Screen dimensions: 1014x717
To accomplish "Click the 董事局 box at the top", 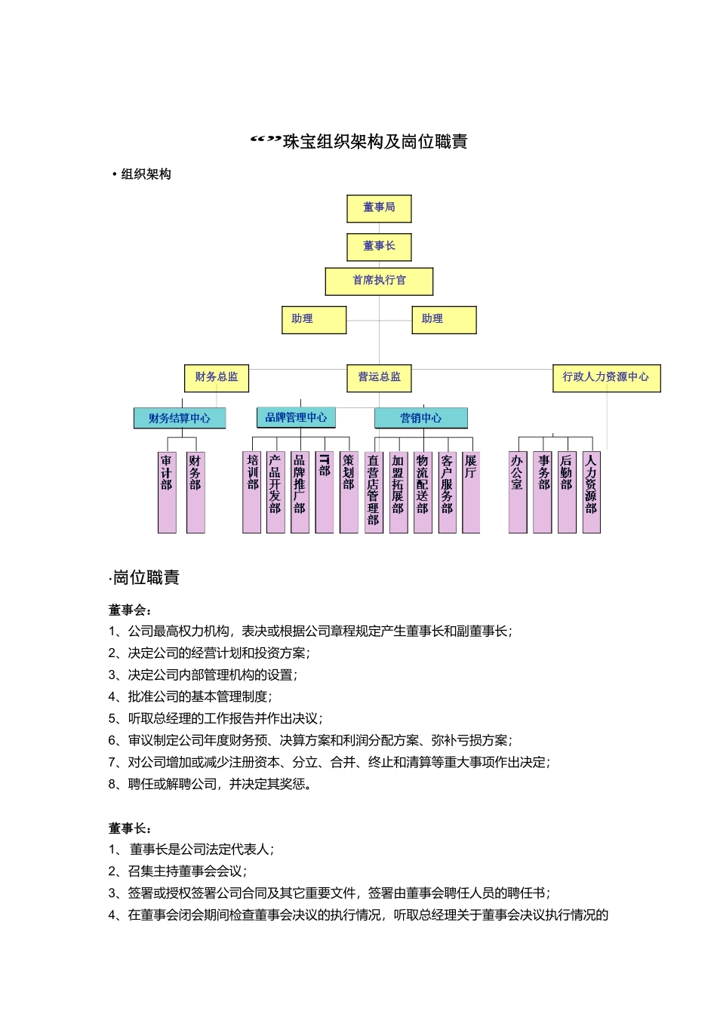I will pos(379,208).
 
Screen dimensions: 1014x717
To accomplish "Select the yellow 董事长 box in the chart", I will pos(379,247).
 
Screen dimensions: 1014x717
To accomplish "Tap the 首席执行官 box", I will pos(379,281).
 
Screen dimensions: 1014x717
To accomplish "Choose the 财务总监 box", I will pos(217,378).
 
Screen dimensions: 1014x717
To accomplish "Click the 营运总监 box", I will pos(380,378).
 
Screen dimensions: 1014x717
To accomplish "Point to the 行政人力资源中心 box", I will pos(606,378).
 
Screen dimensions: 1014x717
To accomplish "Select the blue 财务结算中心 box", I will pos(180,419).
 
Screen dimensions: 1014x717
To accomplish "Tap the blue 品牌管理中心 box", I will pos(296,418).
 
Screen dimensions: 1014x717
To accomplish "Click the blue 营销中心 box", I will pos(421,419).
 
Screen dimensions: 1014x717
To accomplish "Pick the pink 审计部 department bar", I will pos(167,493).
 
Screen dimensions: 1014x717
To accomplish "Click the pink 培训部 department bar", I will pos(252,493).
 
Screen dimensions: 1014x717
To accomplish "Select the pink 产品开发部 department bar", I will pos(275,493).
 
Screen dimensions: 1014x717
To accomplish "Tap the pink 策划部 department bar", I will pos(349,493).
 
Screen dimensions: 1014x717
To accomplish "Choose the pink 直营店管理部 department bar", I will pos(374,493).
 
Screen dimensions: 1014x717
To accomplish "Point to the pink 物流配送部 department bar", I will pos(423,493).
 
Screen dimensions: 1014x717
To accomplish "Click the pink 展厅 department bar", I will pos(471,493).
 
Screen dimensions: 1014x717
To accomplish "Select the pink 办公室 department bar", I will pos(518,493).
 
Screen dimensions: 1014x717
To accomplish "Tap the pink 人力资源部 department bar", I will pos(591,493).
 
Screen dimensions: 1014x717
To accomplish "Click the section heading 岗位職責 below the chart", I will pos(146,579).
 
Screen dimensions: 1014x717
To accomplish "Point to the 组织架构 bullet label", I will pos(146,175).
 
